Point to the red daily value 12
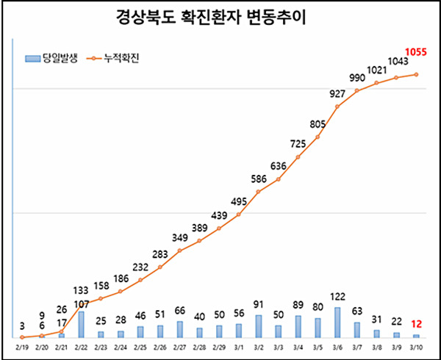coord(417,325)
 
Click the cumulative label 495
coord(239,202)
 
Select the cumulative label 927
coord(338,93)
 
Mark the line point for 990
coord(357,90)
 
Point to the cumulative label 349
coord(179,237)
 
